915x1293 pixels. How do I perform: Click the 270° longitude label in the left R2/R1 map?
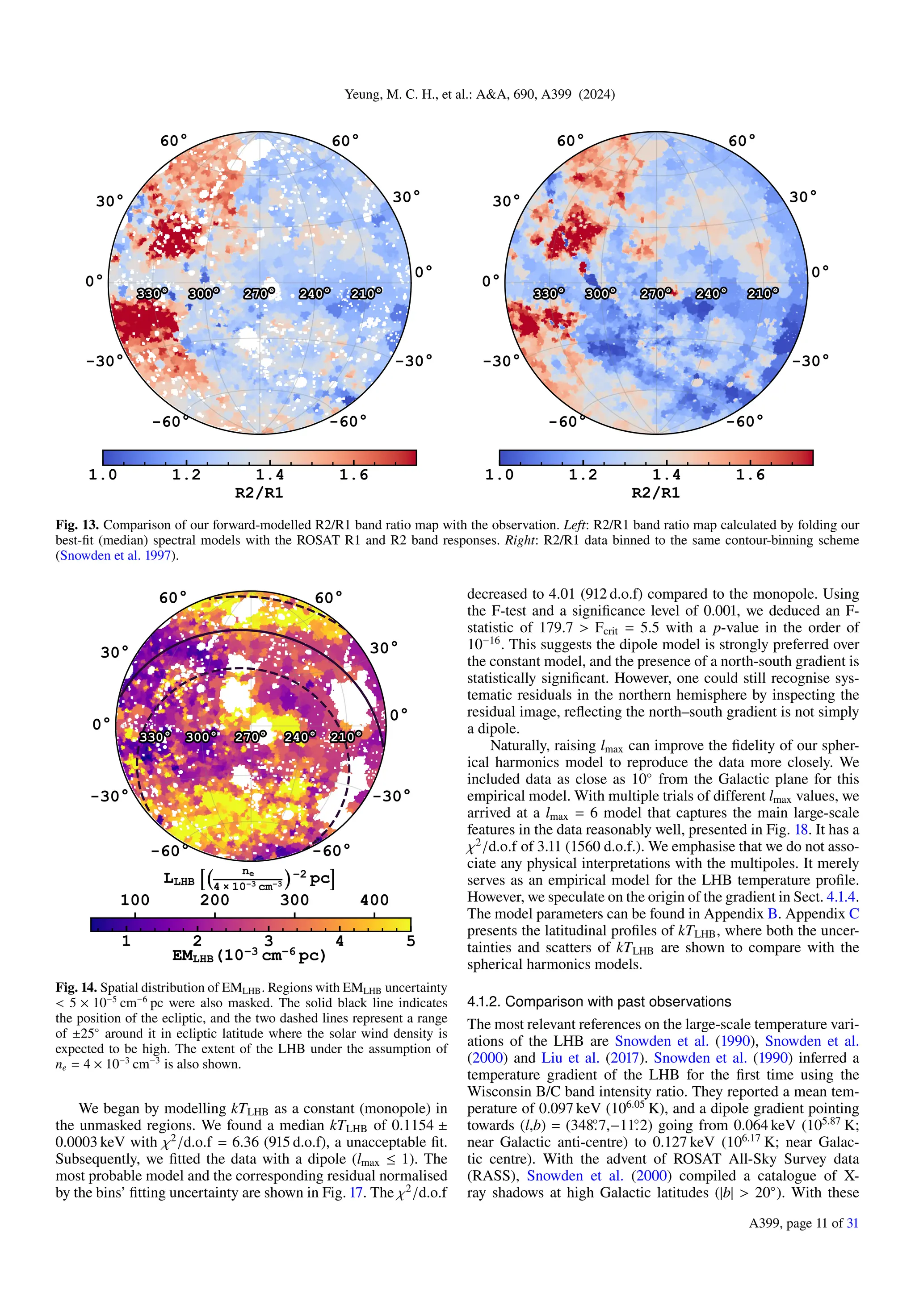[259, 293]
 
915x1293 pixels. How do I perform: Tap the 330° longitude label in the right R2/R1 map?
[549, 293]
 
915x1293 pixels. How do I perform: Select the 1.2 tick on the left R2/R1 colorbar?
[186, 475]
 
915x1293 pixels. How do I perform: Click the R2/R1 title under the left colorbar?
[259, 493]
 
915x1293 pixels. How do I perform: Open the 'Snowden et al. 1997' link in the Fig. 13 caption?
[116, 555]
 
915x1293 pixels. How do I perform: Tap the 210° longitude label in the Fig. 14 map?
[345, 737]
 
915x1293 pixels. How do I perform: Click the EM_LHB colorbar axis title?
[249, 955]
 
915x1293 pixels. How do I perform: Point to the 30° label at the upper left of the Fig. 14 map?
[114, 652]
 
